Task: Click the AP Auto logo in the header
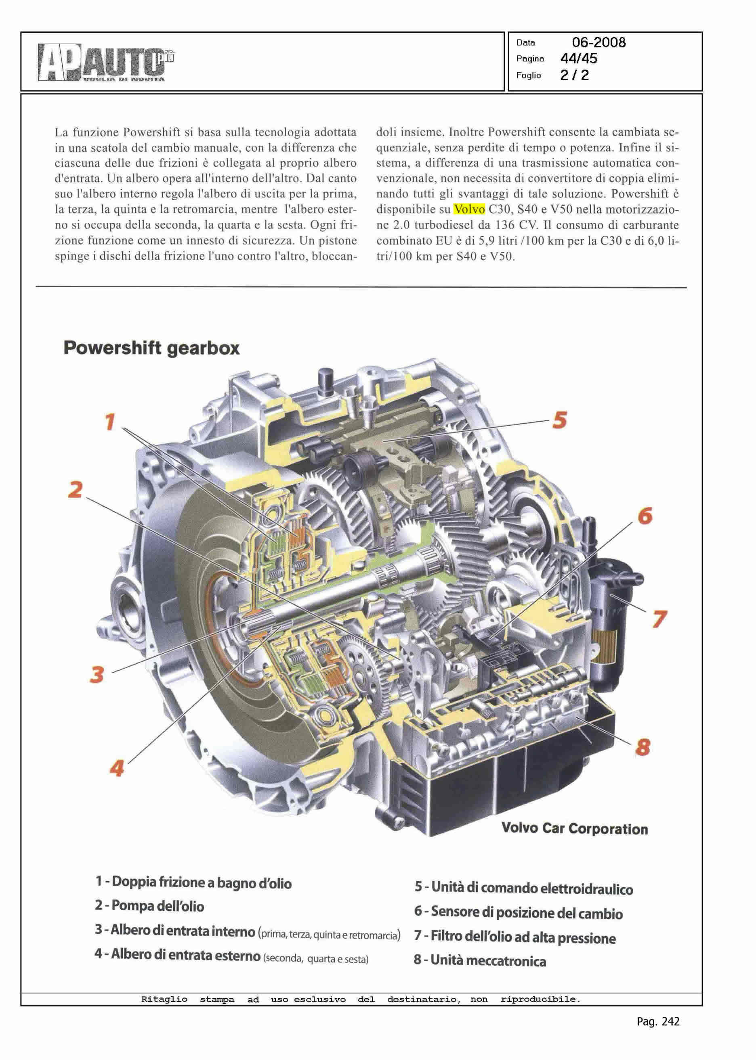(106, 62)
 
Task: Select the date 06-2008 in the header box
(598, 42)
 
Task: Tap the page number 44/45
(579, 59)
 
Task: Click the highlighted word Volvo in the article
(469, 209)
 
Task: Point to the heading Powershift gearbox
(151, 348)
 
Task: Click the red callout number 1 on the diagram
(110, 422)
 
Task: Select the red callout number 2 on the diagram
(76, 489)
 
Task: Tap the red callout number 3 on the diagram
(97, 674)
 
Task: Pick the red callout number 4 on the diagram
(116, 768)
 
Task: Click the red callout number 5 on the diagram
(560, 420)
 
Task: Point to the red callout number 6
(645, 516)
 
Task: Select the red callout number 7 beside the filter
(659, 619)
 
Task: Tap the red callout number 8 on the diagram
(643, 747)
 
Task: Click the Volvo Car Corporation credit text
(574, 829)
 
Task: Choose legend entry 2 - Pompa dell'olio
(149, 905)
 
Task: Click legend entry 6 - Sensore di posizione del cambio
(518, 913)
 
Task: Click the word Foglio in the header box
(528, 75)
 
